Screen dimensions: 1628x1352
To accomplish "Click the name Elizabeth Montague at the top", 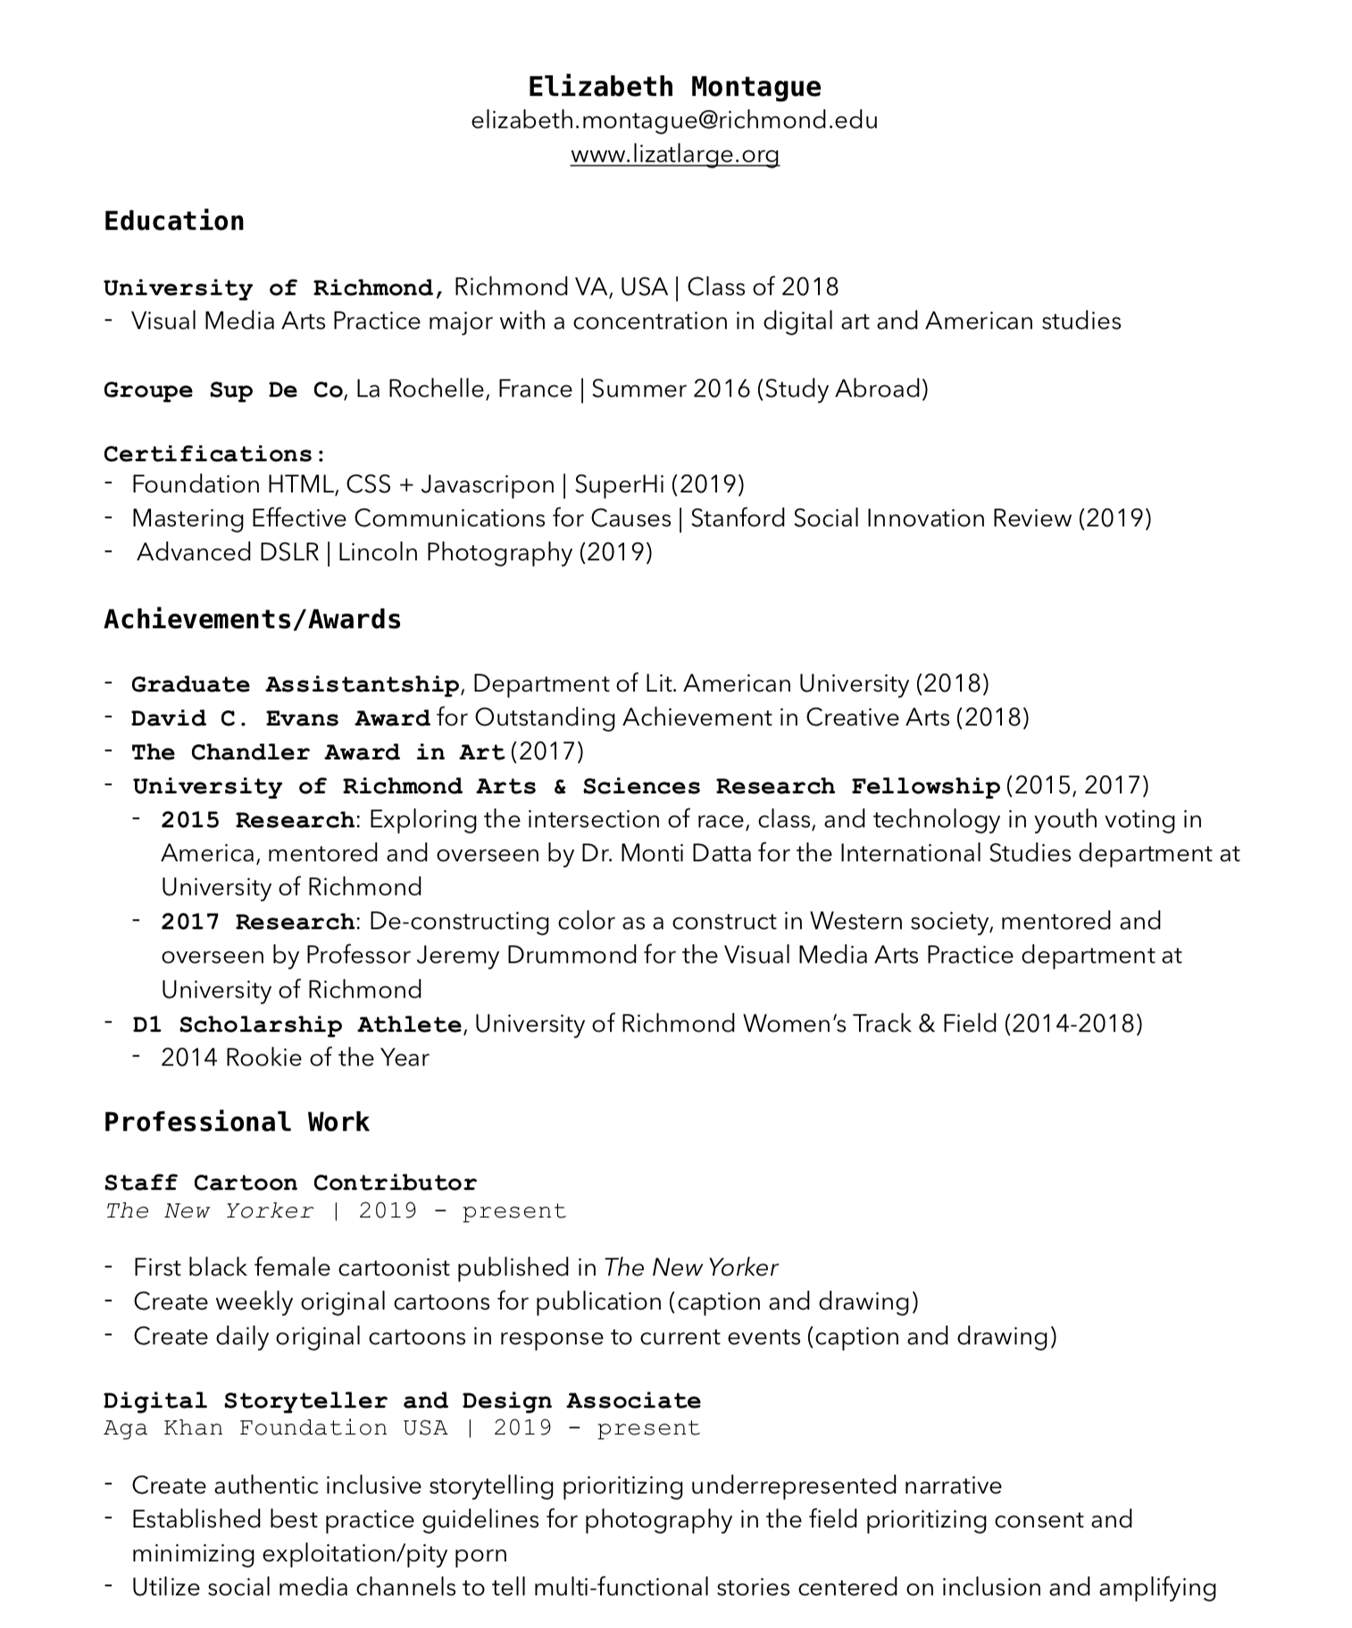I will tap(674, 87).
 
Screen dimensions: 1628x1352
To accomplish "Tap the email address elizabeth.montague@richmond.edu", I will tap(674, 120).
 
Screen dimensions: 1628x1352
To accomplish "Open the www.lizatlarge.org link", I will tap(674, 154).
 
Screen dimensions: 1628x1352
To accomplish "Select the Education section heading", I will tap(174, 221).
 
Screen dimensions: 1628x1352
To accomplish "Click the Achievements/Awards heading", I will tap(253, 620).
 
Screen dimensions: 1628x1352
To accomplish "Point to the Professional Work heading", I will tap(237, 1123).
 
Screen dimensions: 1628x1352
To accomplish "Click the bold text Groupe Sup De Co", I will tap(223, 390).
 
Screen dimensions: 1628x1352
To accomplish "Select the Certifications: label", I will tap(214, 454).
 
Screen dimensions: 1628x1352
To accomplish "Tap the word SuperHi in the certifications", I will tap(619, 485).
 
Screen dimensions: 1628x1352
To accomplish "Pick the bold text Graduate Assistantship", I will tap(295, 685).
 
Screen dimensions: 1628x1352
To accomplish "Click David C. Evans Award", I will tap(280, 719).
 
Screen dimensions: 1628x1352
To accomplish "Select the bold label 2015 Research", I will tap(258, 821).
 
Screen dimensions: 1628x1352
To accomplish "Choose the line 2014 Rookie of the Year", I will tap(295, 1058).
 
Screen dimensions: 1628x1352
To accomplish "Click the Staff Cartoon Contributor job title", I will tap(290, 1183).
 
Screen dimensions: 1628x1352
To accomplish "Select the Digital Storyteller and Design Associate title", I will tap(402, 1400).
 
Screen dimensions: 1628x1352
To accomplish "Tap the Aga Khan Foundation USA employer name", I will tap(275, 1428).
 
